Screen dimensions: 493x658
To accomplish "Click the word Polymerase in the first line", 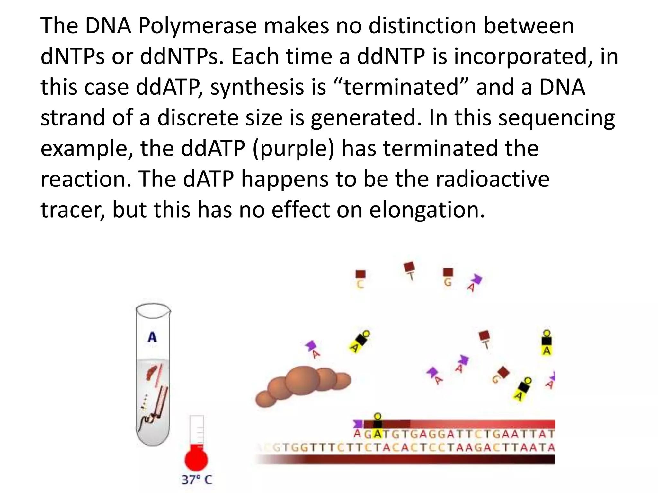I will click(197, 26).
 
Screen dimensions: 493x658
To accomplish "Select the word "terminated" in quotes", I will click(401, 87).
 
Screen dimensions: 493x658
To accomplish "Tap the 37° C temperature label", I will click(197, 480).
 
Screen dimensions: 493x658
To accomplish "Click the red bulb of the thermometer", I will click(196, 459).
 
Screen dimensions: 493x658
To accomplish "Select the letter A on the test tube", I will click(152, 337).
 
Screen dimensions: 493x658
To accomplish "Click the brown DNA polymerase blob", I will click(303, 385).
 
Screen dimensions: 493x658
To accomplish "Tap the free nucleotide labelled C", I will click(360, 279).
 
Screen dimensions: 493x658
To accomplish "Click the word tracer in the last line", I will click(73, 210).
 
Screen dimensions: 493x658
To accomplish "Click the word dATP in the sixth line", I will click(208, 179).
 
